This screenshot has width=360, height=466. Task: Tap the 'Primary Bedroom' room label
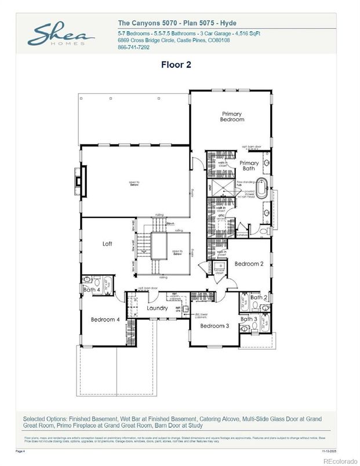coord(231,116)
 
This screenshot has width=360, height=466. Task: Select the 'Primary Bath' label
coord(249,166)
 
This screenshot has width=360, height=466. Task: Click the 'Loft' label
coord(107,244)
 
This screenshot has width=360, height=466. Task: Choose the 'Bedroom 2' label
coord(249,264)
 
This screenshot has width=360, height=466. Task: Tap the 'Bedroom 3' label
coord(214,326)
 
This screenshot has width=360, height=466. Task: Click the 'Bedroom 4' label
coord(105,319)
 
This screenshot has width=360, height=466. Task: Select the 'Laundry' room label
coord(157,308)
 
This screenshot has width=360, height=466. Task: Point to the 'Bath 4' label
coord(92,290)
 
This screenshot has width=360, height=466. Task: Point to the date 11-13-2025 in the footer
coord(330,450)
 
